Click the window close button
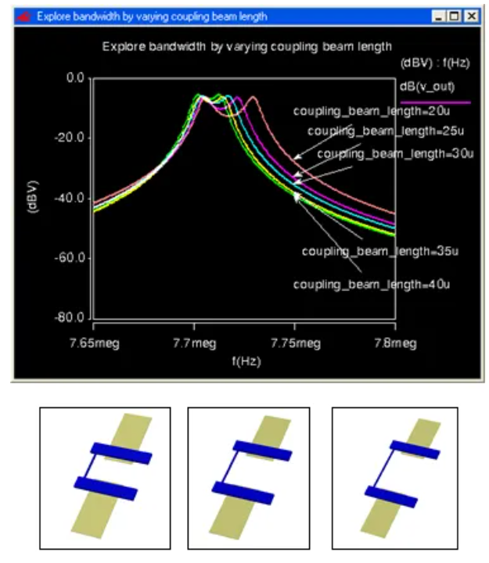(471, 16)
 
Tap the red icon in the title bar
(23, 16)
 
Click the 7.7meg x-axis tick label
(194, 342)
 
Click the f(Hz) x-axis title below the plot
(244, 361)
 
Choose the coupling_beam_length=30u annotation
(395, 154)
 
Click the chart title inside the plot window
(247, 47)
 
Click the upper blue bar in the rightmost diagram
(415, 450)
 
